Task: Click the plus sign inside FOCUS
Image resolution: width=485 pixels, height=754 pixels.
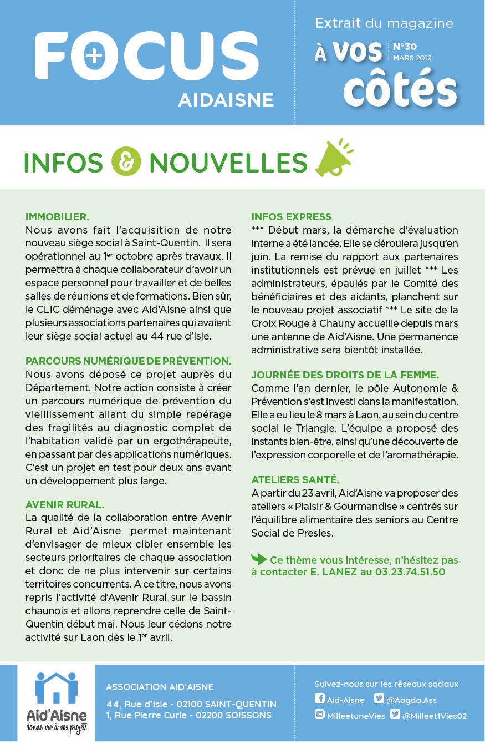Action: click(95, 56)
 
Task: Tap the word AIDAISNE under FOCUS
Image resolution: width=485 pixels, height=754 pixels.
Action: click(226, 100)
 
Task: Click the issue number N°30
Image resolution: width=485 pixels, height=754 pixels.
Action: click(405, 47)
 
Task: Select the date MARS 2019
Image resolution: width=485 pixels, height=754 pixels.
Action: click(412, 58)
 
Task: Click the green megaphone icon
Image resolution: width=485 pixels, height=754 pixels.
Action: click(333, 159)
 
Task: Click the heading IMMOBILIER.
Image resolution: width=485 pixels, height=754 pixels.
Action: click(57, 216)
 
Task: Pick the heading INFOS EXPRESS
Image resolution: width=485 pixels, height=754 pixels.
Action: click(291, 216)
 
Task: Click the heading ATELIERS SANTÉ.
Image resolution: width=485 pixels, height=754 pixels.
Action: click(295, 479)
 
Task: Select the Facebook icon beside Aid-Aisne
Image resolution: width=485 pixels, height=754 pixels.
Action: click(320, 699)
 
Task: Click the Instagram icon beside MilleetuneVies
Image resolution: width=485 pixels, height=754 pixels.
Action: click(320, 715)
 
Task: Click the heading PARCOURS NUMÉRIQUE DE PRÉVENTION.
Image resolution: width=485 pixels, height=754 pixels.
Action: click(128, 361)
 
